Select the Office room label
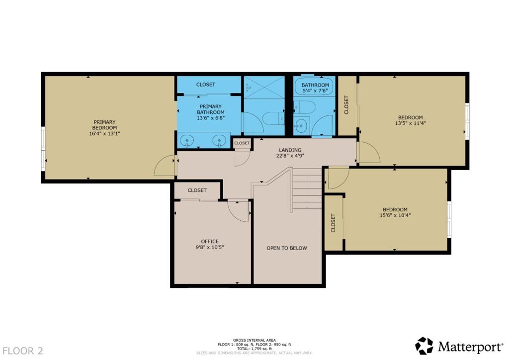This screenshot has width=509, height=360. [x=209, y=242]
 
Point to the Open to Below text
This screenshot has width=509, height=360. [x=287, y=248]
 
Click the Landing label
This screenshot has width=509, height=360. [x=290, y=150]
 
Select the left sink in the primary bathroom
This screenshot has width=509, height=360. [x=187, y=141]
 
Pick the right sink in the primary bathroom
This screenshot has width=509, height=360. [x=219, y=141]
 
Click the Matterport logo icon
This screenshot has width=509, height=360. [x=424, y=346]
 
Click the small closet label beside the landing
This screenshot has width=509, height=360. [x=242, y=143]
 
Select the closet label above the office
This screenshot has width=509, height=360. [x=197, y=190]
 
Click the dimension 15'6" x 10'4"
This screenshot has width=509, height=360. [x=395, y=215]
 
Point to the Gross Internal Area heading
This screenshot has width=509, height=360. [x=254, y=340]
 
